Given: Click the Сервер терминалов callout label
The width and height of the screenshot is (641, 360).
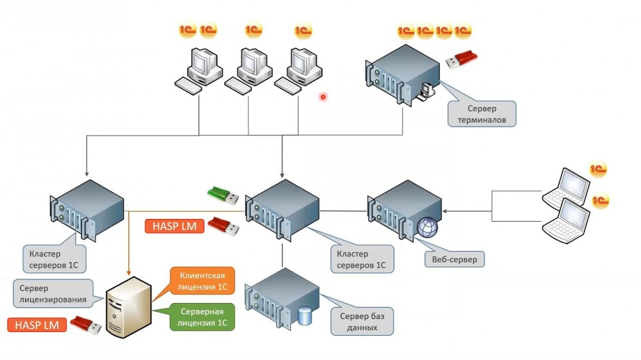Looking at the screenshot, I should pyautogui.click(x=482, y=114).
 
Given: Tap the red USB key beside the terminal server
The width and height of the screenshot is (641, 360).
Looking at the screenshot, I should pyautogui.click(x=462, y=59).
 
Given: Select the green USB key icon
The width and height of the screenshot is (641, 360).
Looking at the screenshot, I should pyautogui.click(x=222, y=194).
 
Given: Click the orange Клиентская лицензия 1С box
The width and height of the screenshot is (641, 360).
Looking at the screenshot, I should pyautogui.click(x=202, y=280).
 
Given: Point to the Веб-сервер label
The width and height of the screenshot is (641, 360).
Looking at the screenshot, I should pyautogui.click(x=454, y=259).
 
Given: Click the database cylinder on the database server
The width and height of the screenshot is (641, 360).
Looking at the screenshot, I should pyautogui.click(x=305, y=315).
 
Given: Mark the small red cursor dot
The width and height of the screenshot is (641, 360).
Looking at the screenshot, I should pyautogui.click(x=323, y=97).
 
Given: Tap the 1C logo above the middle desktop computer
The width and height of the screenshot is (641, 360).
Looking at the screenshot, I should pyautogui.click(x=254, y=29).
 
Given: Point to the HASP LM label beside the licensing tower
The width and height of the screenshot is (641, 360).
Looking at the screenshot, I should pyautogui.click(x=37, y=325).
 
